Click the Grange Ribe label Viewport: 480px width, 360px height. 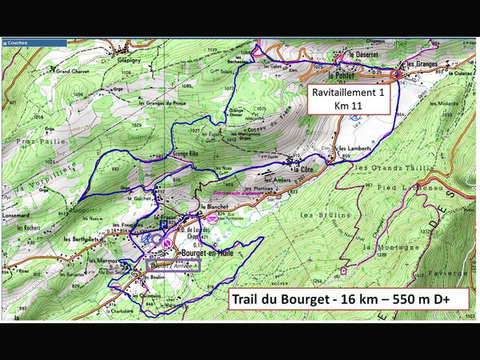(183, 150)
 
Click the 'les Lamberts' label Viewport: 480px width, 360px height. (354, 150)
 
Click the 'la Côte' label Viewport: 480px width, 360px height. (302, 170)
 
